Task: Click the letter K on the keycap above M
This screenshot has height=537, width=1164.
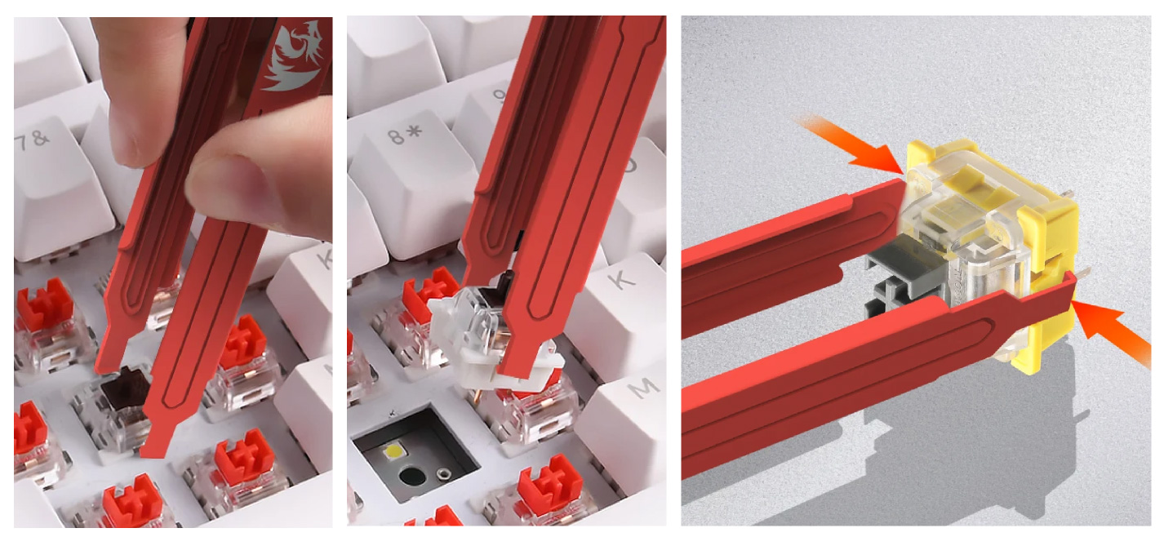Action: [x=623, y=280]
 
